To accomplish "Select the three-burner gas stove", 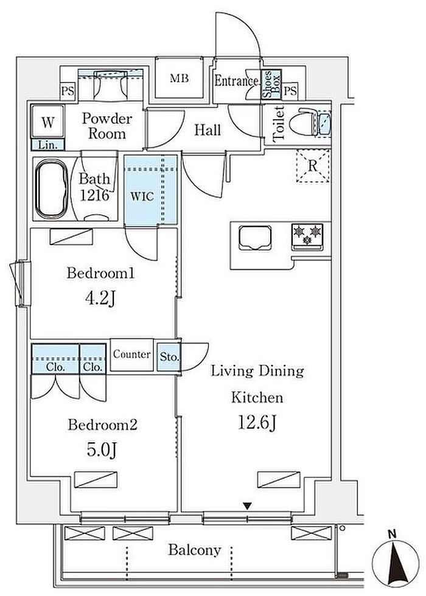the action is click(307, 237).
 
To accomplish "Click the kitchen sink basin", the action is click(255, 238).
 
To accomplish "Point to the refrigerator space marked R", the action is click(313, 165).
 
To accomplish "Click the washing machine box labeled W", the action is click(47, 122).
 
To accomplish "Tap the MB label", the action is click(179, 78).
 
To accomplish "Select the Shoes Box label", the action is click(271, 85).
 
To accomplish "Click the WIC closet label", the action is click(142, 196).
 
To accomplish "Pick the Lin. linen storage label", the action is click(48, 145).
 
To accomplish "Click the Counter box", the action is click(131, 354).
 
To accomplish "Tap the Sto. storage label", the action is click(169, 358).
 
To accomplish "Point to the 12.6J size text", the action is click(257, 423).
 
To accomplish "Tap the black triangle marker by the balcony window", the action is click(248, 506).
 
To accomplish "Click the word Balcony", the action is click(194, 550).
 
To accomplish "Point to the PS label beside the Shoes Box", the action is click(291, 91).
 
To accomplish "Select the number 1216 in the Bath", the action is click(95, 195).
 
